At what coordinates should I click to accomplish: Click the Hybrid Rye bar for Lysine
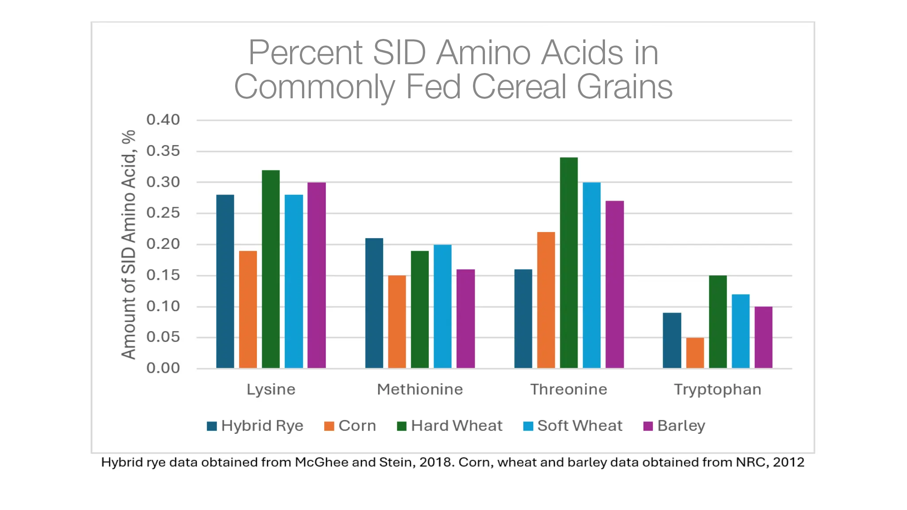click(x=225, y=281)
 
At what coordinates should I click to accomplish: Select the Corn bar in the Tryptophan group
click(x=695, y=353)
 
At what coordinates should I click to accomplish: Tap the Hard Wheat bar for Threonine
click(x=569, y=263)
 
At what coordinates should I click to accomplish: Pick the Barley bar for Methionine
click(x=465, y=318)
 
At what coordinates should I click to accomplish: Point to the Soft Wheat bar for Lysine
click(x=294, y=281)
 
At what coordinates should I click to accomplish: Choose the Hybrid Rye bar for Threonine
click(x=523, y=318)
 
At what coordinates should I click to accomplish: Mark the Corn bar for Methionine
click(x=397, y=321)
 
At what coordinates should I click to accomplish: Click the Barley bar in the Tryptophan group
click(x=764, y=337)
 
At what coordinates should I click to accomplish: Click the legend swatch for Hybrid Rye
click(x=212, y=426)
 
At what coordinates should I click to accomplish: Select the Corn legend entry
click(x=357, y=426)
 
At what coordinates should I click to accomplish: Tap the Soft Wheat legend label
click(x=580, y=426)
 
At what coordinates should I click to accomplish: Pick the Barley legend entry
click(x=681, y=426)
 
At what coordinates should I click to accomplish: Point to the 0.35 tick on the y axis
click(x=163, y=151)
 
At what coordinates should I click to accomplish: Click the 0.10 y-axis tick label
click(x=163, y=306)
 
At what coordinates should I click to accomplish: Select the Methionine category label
click(x=420, y=390)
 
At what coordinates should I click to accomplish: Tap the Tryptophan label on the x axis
click(x=717, y=390)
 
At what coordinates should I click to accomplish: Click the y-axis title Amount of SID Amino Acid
click(x=128, y=244)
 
